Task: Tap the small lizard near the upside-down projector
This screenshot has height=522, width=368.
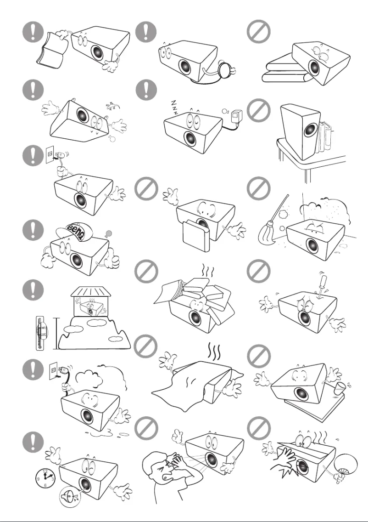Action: pyautogui.click(x=110, y=107)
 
